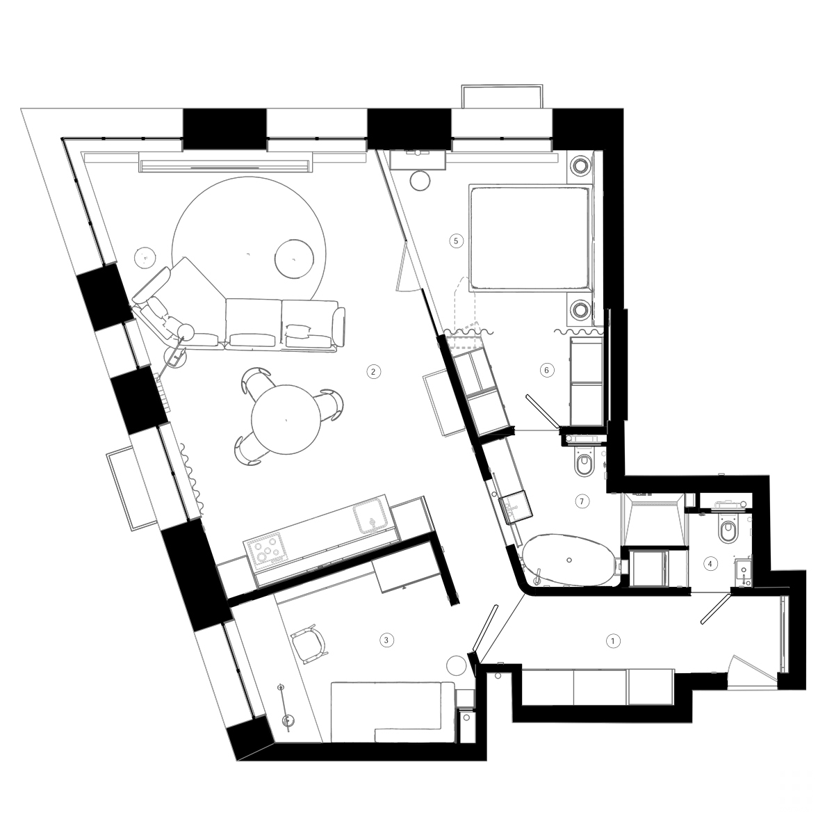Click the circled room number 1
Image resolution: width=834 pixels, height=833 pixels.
pos(612,640)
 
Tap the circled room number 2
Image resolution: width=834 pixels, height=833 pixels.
pos(373,371)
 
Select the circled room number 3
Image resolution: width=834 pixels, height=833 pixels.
pos(388,638)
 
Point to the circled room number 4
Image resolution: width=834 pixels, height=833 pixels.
pos(710,564)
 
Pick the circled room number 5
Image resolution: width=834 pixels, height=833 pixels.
pos(456,241)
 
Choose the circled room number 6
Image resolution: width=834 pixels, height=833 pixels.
pos(546,370)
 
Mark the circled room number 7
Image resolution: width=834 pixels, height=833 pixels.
pos(583,500)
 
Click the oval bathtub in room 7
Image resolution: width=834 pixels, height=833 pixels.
pos(569,560)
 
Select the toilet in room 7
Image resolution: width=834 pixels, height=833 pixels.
pos(583,464)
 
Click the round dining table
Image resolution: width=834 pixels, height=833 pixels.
pos(286,419)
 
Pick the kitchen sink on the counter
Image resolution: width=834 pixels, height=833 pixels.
pos(373,516)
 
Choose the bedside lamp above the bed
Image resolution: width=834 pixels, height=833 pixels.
pos(580,166)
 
